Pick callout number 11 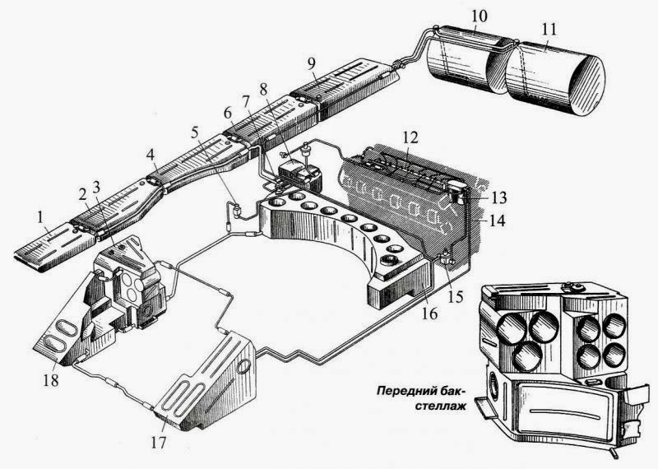549,28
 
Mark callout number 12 410,135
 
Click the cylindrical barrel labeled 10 461,62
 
